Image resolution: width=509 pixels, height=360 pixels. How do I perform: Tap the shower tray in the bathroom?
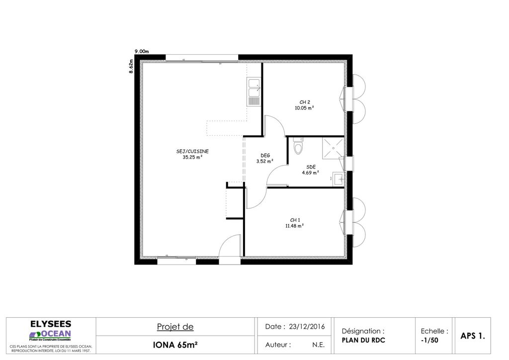pyautogui.click(x=333, y=148)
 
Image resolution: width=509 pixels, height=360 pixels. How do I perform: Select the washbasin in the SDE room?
pyautogui.click(x=338, y=180)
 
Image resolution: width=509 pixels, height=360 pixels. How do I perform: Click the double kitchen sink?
pyautogui.click(x=254, y=91)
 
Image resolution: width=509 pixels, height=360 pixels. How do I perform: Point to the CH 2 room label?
pyautogui.click(x=305, y=102)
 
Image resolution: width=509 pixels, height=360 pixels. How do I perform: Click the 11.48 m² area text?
pyautogui.click(x=295, y=226)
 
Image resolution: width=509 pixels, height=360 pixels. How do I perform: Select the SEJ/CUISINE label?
pyautogui.click(x=192, y=151)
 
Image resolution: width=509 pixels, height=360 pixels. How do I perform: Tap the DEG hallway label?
pyautogui.click(x=265, y=156)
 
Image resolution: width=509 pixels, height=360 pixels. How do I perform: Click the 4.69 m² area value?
pyautogui.click(x=310, y=173)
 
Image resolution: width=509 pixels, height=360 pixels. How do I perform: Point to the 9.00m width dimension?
pyautogui.click(x=142, y=51)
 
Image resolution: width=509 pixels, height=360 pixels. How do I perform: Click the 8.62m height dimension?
pyautogui.click(x=131, y=66)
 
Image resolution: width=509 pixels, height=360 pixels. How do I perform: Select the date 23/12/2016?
pyautogui.click(x=307, y=327)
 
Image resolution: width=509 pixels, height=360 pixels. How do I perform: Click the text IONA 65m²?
pyautogui.click(x=175, y=345)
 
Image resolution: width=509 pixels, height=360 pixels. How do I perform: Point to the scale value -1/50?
pyautogui.click(x=429, y=340)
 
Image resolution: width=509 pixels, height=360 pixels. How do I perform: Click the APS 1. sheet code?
pyautogui.click(x=473, y=336)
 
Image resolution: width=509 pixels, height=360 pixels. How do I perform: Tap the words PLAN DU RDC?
pyautogui.click(x=363, y=340)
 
